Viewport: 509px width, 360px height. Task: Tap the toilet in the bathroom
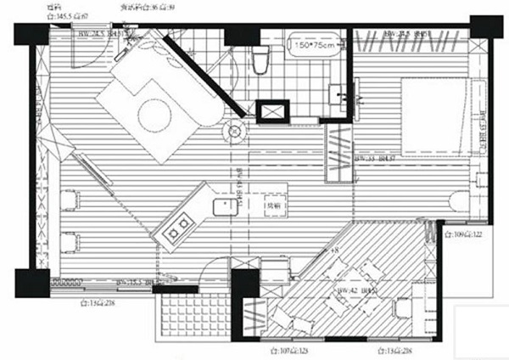[260, 59]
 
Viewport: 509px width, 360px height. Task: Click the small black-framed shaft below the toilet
[273, 111]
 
